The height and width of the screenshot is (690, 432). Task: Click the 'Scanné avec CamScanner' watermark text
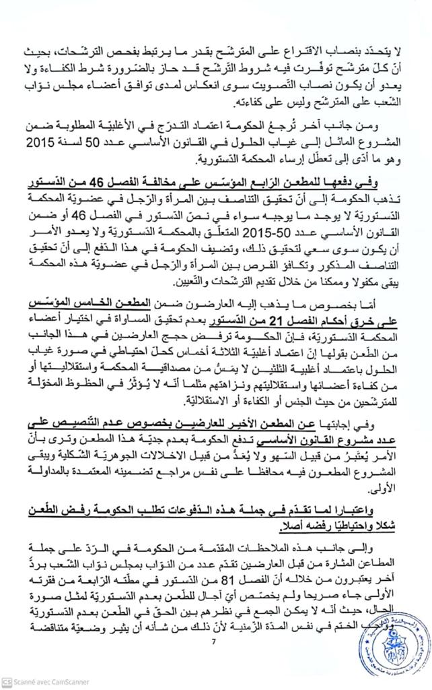(x=50, y=682)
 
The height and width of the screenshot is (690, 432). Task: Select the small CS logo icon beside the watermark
(x=7, y=682)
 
